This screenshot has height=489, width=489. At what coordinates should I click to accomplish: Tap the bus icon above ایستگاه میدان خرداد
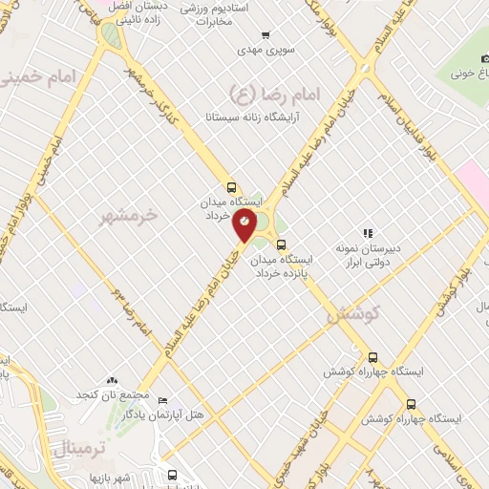(x=232, y=187)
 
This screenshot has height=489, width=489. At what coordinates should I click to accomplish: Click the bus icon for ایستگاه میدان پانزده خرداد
(x=280, y=244)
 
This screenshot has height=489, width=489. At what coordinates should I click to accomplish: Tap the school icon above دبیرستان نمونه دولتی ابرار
(x=367, y=232)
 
